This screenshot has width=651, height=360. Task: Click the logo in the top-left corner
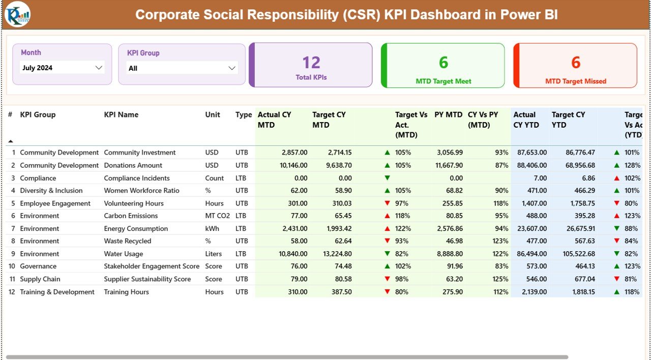pyautogui.click(x=17, y=15)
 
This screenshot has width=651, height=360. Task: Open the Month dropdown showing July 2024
pyautogui.click(x=62, y=68)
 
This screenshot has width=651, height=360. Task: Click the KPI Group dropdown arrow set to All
pyautogui.click(x=232, y=68)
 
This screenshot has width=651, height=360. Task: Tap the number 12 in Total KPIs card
pyautogui.click(x=311, y=63)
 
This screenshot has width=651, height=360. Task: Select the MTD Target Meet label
pyautogui.click(x=443, y=81)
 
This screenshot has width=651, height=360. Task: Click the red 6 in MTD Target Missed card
pyautogui.click(x=575, y=63)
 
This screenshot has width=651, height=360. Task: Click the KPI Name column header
pyautogui.click(x=121, y=115)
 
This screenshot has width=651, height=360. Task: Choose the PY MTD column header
pyautogui.click(x=448, y=115)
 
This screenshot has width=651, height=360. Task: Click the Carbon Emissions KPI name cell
pyautogui.click(x=131, y=216)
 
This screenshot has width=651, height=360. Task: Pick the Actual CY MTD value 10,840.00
pyautogui.click(x=290, y=254)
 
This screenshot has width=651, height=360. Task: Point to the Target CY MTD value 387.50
pyautogui.click(x=340, y=292)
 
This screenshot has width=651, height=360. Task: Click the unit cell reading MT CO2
pyautogui.click(x=218, y=216)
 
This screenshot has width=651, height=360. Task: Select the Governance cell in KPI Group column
pyautogui.click(x=38, y=266)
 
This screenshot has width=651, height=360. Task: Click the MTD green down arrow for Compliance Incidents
pyautogui.click(x=388, y=178)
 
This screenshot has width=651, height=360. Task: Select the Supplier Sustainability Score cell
pyautogui.click(x=147, y=279)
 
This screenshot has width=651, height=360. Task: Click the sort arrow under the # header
pyautogui.click(x=11, y=141)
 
